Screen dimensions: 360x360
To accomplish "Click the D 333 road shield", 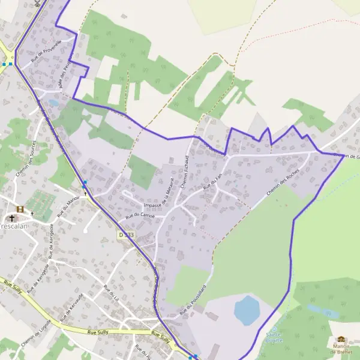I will [126, 236].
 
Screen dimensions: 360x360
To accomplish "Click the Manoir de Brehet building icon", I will [341, 339].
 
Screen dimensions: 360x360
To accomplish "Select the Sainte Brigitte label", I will [274, 334].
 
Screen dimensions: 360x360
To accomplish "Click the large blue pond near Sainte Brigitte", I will [247, 310].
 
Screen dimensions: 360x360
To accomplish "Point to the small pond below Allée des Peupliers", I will [53, 103].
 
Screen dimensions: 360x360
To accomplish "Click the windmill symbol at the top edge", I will [38, 2].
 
